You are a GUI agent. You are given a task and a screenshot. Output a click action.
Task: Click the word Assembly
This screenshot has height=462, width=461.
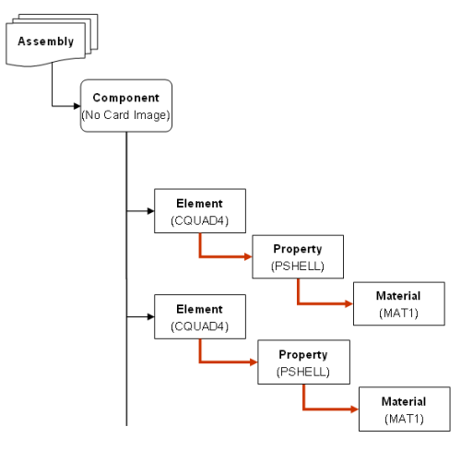pyautogui.click(x=46, y=41)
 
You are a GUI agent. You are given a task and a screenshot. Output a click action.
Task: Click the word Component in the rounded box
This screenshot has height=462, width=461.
pyautogui.click(x=126, y=98)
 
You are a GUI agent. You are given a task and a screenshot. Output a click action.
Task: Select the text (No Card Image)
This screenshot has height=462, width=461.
pyautogui.click(x=125, y=115)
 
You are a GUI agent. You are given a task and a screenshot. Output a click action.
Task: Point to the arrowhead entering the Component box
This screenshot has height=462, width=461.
pyautogui.click(x=77, y=106)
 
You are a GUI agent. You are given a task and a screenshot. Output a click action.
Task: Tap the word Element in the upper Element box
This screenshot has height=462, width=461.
pyautogui.click(x=199, y=204)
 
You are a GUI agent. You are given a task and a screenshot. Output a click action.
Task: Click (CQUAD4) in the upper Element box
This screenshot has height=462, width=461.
pyautogui.click(x=200, y=220)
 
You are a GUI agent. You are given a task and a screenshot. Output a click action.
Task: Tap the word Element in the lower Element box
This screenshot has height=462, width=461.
pyautogui.click(x=199, y=309)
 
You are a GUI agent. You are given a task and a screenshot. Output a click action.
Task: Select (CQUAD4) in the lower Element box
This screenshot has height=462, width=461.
pyautogui.click(x=200, y=326)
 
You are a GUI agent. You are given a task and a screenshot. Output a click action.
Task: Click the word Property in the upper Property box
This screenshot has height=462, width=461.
pyautogui.click(x=298, y=249)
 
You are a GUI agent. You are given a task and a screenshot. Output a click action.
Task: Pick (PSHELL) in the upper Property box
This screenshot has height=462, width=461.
pyautogui.click(x=298, y=267)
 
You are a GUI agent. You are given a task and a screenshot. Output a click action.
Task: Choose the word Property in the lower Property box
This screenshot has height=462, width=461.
pyautogui.click(x=303, y=355)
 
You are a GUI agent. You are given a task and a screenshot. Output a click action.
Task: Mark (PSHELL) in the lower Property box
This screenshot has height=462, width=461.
pyautogui.click(x=303, y=372)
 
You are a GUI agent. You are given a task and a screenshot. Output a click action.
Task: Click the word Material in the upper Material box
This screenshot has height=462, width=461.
pyautogui.click(x=398, y=296)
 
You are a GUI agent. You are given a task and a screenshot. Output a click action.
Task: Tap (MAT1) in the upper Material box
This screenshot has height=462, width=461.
pyautogui.click(x=398, y=314)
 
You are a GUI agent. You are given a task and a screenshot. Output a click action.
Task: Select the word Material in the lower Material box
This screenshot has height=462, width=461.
pyautogui.click(x=404, y=402)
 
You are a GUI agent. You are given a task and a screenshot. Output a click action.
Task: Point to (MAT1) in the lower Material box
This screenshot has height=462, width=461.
pyautogui.click(x=404, y=419)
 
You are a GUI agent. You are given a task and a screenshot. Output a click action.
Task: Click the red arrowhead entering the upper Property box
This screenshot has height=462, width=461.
pyautogui.click(x=248, y=256)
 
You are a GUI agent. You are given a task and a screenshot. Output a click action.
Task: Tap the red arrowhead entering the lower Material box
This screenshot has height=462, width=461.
pyautogui.click(x=355, y=409)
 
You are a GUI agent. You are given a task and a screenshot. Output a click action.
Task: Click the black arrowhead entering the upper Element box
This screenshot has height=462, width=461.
pyautogui.click(x=151, y=211)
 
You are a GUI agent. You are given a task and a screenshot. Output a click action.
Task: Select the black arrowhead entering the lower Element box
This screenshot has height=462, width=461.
pyautogui.click(x=151, y=316)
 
